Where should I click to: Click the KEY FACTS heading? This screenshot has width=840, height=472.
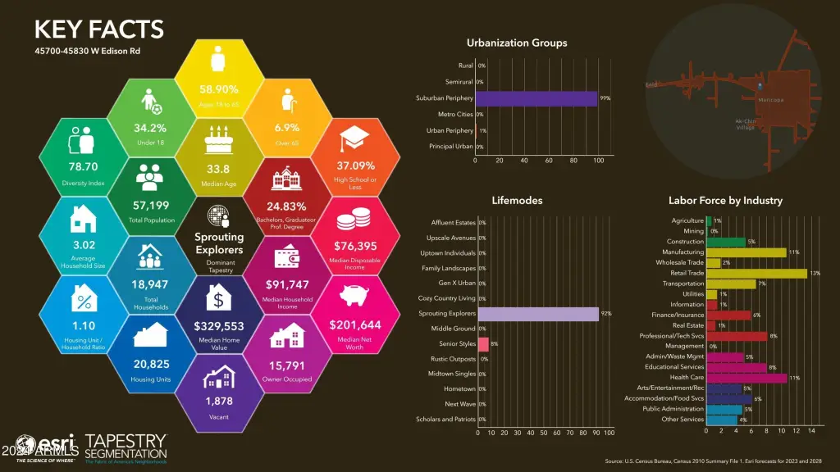coord(98,30)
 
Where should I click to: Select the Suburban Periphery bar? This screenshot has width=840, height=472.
coord(536,98)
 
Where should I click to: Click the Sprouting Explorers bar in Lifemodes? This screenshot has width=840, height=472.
coord(538,314)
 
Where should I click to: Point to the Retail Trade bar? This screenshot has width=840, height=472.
coord(756,273)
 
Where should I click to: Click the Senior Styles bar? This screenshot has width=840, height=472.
coord(483,344)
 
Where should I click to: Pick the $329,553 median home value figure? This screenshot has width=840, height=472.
coord(217,324)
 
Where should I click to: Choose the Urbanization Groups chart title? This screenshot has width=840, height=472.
coord(517,43)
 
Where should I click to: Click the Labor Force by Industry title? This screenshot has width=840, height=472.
coord(725,200)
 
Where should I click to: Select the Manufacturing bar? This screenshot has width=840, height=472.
coord(746,252)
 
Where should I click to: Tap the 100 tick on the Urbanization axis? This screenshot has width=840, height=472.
coord(598,160)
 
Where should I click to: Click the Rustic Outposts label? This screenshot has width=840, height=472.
coord(454,359)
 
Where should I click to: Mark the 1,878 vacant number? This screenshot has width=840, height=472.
coord(218,401)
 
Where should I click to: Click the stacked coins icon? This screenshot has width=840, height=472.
coord(355,218)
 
